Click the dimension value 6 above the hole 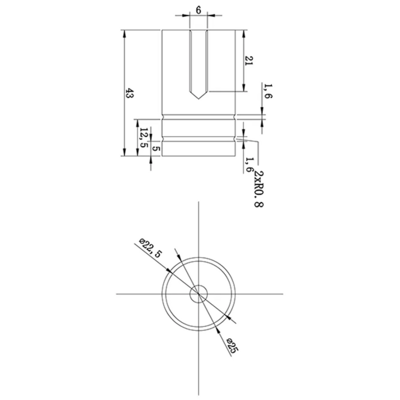click(x=198, y=10)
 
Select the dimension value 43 click(x=130, y=93)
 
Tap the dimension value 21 click(x=248, y=61)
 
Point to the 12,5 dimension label click(x=144, y=137)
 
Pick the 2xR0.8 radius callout click(x=259, y=189)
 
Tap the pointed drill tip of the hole click(x=198, y=99)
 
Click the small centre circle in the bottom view click(x=198, y=294)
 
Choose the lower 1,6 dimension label click(x=249, y=164)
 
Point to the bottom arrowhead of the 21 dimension click(x=244, y=88)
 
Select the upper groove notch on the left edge click(x=162, y=117)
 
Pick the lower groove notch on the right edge click(x=235, y=139)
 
